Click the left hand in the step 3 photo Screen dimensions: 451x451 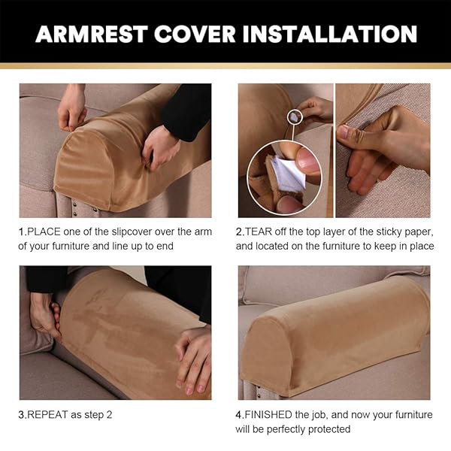click(x=45, y=316)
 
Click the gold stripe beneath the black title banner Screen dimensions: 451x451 click(x=225, y=66)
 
